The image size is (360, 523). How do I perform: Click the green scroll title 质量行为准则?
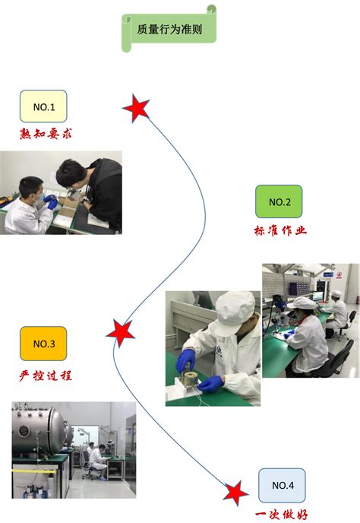tap(169, 30)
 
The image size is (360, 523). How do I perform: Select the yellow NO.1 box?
tap(43, 106)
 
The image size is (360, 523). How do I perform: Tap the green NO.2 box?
tap(279, 201)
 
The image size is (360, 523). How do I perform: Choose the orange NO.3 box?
tap(43, 344)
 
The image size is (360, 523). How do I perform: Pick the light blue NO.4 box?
tap(282, 485)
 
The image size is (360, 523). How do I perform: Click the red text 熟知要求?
tap(46, 134)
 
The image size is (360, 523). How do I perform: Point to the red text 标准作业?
tap(280, 230)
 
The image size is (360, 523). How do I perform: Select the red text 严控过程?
tap(46, 376)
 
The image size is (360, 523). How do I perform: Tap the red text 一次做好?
tap(282, 515)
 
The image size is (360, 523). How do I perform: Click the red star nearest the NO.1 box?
tap(137, 108)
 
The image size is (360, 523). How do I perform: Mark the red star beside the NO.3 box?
tap(120, 333)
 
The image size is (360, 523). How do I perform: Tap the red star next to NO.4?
tap(235, 493)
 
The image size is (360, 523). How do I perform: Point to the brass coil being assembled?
tap(188, 377)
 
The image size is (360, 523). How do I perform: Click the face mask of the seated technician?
tap(40, 197)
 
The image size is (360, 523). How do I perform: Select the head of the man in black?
tap(69, 173)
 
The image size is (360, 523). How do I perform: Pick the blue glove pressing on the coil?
tap(186, 360)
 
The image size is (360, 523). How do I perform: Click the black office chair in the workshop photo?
tap(340, 357)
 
